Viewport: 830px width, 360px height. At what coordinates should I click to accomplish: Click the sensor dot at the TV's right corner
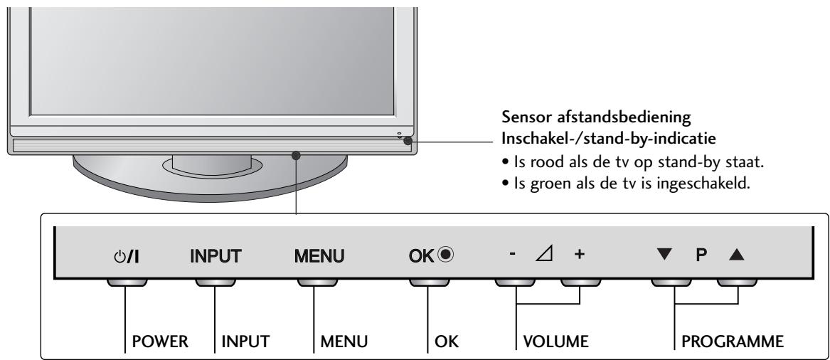tap(407, 141)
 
